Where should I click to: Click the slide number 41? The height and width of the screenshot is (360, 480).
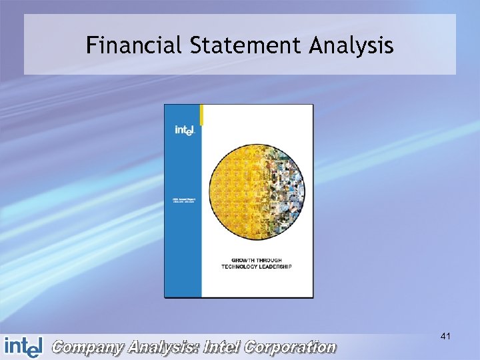pyautogui.click(x=445, y=337)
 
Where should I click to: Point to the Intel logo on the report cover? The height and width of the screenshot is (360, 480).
pyautogui.click(x=184, y=131)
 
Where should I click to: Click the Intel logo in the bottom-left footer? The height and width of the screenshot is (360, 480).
pyautogui.click(x=23, y=347)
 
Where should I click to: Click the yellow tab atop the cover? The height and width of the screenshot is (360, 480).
pyautogui.click(x=202, y=114)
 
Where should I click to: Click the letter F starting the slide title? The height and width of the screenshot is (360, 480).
pyautogui.click(x=92, y=45)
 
